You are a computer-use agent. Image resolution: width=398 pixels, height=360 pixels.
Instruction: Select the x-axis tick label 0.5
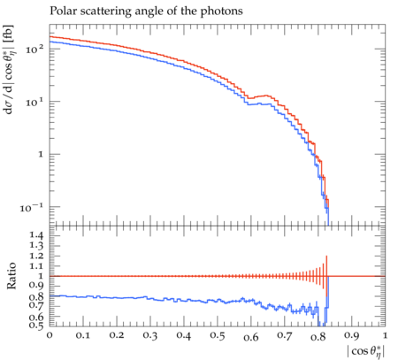pyautogui.click(x=218, y=336)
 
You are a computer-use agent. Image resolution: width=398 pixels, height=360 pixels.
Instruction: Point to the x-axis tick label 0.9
pyautogui.click(x=352, y=336)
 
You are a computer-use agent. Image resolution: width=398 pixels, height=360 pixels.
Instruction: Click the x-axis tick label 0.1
pyautogui.click(x=83, y=336)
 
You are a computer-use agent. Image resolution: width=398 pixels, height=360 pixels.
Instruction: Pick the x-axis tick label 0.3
pyautogui.click(x=150, y=336)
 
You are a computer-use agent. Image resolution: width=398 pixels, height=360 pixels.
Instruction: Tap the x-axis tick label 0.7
pyautogui.click(x=285, y=336)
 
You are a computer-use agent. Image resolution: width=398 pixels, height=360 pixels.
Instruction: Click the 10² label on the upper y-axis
pyautogui.click(x=34, y=49)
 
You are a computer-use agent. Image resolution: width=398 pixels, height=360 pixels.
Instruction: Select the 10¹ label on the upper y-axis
pyautogui.click(x=34, y=102)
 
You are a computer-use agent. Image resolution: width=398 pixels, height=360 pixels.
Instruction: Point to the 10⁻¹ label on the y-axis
pyautogui.click(x=32, y=207)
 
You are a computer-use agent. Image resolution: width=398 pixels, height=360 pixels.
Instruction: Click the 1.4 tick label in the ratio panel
pyautogui.click(x=36, y=235)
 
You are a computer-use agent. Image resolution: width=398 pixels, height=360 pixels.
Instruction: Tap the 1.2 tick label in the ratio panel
pyautogui.click(x=36, y=256)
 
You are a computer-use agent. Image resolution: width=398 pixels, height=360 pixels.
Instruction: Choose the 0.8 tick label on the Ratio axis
pyautogui.click(x=36, y=296)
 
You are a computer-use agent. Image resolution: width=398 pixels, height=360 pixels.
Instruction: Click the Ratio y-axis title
pyautogui.click(x=11, y=276)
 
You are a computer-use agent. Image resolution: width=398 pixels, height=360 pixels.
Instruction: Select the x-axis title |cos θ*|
pyautogui.click(x=366, y=352)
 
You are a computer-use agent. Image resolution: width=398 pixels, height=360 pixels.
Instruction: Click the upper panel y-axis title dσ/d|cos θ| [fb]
pyautogui.click(x=9, y=69)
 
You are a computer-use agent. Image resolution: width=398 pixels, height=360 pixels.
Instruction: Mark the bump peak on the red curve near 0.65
pyautogui.click(x=266, y=96)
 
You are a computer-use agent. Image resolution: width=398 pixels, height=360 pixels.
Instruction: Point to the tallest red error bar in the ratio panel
pyautogui.click(x=326, y=276)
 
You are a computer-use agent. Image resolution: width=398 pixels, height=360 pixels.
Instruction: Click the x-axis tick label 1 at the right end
pyautogui.click(x=385, y=336)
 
